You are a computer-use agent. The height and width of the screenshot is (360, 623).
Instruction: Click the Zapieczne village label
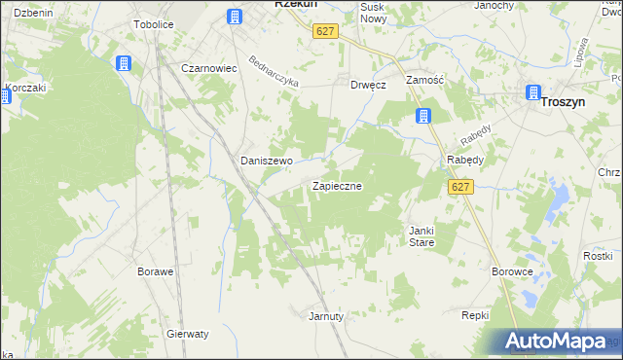coord(337,185)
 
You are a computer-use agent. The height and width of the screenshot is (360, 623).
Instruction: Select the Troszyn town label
coord(581,100)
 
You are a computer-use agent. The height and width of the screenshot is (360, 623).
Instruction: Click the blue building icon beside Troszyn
coord(532,93)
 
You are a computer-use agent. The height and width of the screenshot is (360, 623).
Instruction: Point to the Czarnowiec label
coord(210,68)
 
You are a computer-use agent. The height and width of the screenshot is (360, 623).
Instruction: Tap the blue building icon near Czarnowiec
coord(123,64)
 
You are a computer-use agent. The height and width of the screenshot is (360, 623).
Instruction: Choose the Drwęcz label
coord(369,85)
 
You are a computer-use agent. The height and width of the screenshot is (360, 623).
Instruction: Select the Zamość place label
coord(424,83)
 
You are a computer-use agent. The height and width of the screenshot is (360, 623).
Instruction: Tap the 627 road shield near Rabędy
coord(460,187)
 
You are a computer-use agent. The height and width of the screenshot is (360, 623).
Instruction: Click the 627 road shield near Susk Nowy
coord(325,31)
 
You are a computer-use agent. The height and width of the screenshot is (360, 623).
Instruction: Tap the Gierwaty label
coord(188,333)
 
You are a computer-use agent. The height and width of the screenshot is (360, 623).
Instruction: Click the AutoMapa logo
coord(558,341)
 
